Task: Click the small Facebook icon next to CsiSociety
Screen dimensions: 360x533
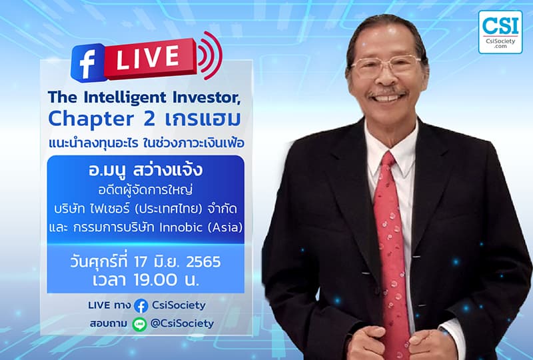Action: click(x=141, y=306)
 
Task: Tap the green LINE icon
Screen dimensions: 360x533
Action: click(x=139, y=324)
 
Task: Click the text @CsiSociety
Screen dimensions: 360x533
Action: click(x=182, y=323)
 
